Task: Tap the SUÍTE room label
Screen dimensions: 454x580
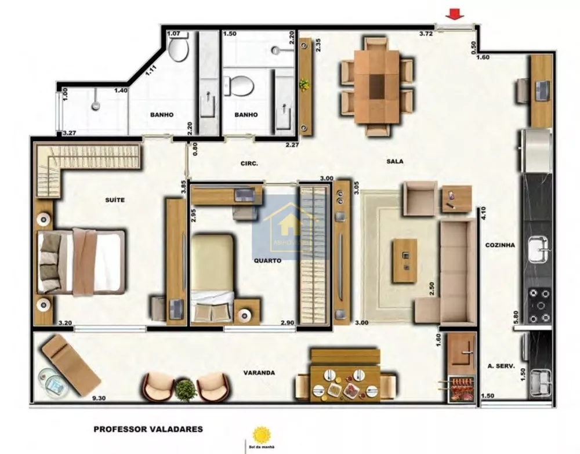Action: (x=115, y=200)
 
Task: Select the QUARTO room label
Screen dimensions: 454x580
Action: (x=267, y=261)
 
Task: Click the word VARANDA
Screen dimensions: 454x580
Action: (x=259, y=373)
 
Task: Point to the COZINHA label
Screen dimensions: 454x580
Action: (x=500, y=245)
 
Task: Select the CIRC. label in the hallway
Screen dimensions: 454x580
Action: (x=249, y=164)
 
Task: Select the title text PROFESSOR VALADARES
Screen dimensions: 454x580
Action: (x=148, y=430)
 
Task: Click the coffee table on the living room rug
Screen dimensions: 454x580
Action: (x=404, y=261)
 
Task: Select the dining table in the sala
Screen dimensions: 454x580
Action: (x=377, y=86)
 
